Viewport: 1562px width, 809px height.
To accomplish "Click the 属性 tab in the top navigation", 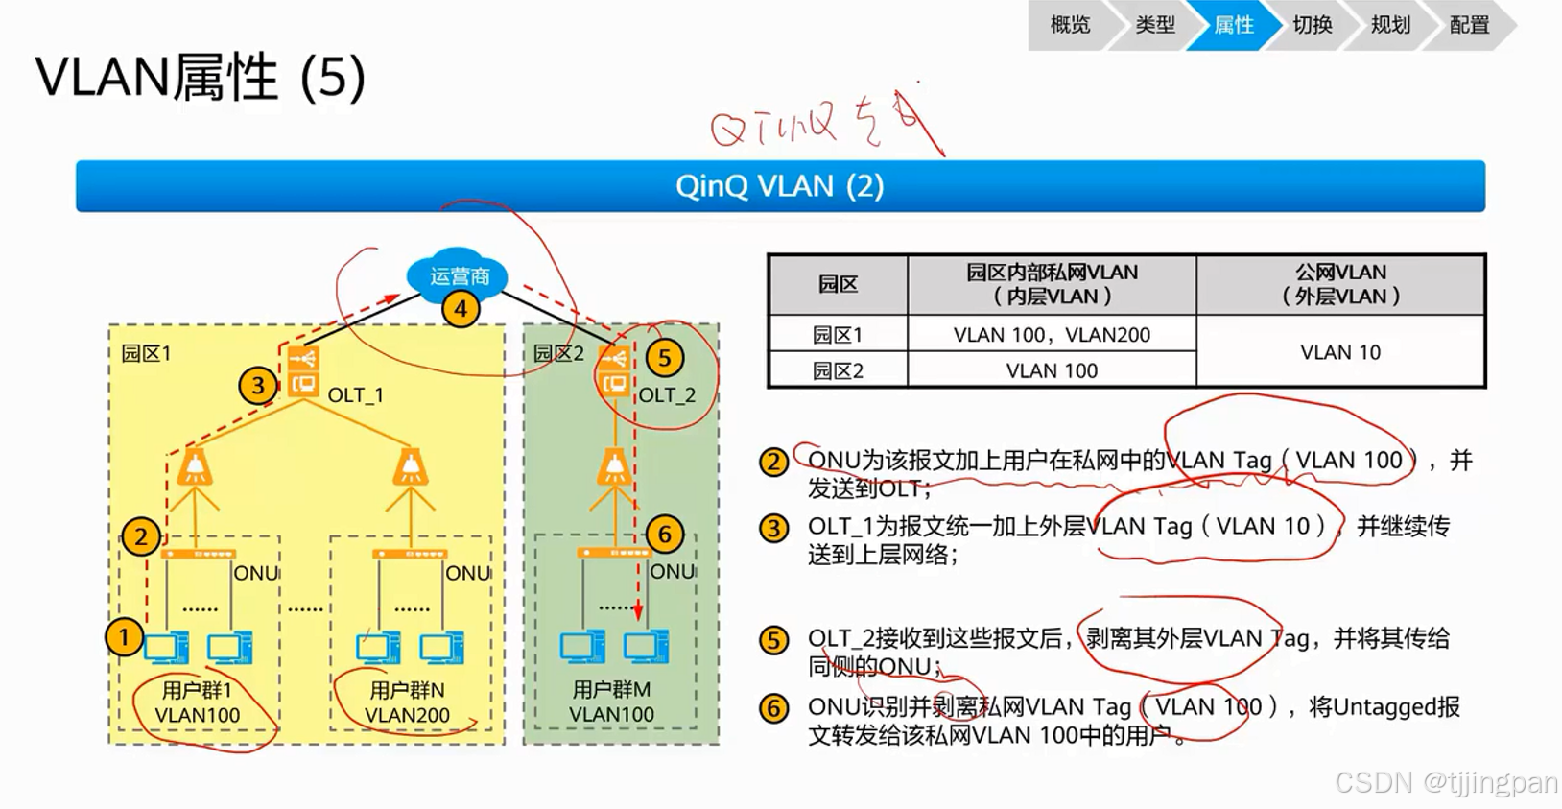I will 1233,25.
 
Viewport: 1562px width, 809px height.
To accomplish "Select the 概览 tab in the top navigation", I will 1070,25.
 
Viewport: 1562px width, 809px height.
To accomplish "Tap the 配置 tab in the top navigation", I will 1468,25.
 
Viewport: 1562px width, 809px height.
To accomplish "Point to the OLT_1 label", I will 355,395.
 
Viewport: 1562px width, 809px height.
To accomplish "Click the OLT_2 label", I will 667,395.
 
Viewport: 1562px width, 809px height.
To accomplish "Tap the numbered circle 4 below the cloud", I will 461,310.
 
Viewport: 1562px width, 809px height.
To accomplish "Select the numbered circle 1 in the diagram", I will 124,637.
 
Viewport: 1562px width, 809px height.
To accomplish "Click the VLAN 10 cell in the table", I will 1339,352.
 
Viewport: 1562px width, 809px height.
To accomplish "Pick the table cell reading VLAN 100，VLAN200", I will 1052,335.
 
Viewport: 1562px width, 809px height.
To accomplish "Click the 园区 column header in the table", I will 838,284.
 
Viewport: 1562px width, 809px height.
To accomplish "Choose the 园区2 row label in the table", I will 838,370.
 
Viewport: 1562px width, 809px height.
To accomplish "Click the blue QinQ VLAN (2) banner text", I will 779,186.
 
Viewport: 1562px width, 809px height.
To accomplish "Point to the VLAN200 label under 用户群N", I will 407,715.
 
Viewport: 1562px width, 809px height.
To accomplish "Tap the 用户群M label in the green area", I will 611,690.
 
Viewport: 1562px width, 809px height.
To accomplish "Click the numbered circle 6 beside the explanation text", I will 773,709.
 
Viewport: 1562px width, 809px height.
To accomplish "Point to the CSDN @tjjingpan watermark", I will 1446,783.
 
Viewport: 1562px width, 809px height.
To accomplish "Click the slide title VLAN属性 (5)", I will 201,77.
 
